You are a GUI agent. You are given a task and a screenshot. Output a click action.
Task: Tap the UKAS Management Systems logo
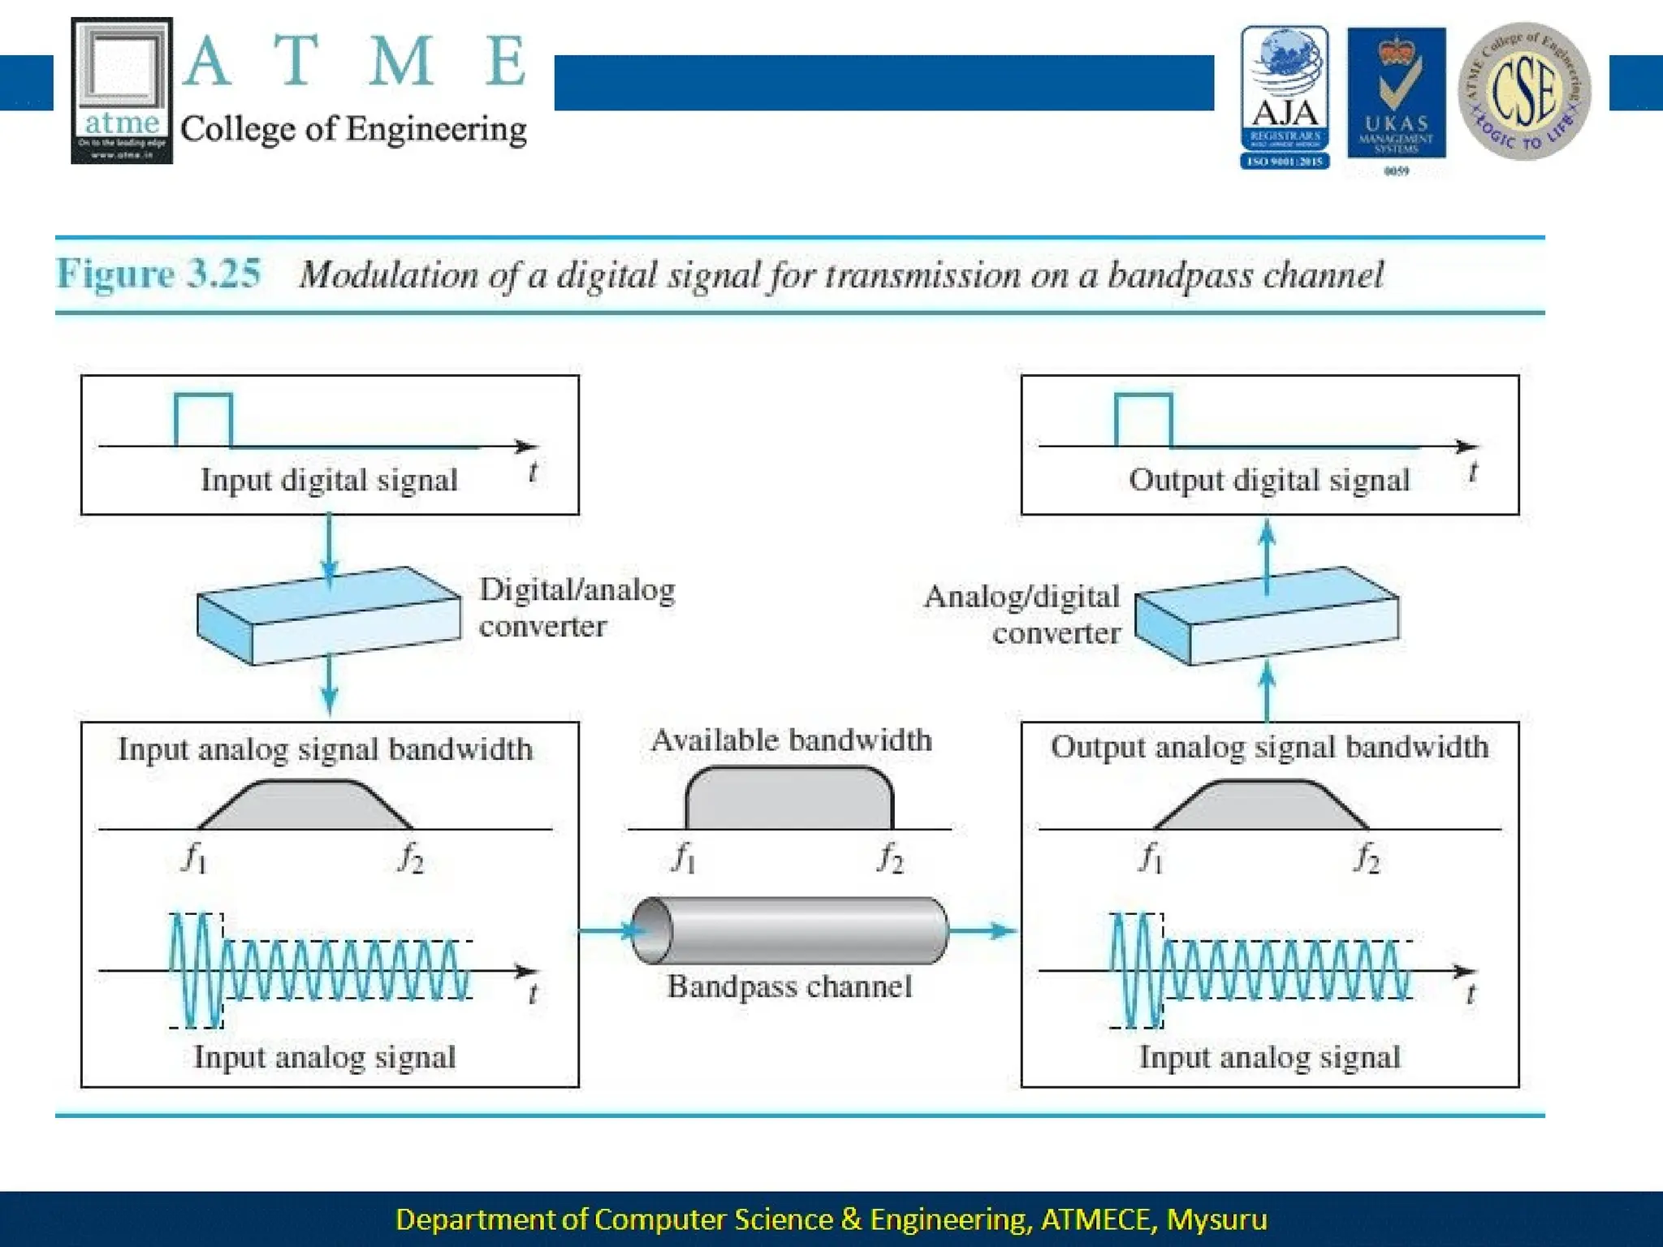pos(1396,93)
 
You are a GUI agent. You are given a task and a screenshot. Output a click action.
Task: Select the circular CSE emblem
pos(1524,91)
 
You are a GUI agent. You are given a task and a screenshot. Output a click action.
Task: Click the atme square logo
pos(122,90)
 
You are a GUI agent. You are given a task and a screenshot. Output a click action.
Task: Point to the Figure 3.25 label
pos(159,274)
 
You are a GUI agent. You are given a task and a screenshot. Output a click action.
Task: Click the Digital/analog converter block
pos(329,616)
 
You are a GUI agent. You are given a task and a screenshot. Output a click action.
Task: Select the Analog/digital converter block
pos(1266,616)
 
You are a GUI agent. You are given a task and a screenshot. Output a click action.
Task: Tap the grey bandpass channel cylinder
pos(789,930)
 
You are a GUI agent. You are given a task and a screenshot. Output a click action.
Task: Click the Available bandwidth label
pos(792,740)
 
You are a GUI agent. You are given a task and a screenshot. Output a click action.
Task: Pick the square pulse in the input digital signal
pos(203,420)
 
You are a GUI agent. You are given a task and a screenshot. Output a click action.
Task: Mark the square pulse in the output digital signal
pos(1143,420)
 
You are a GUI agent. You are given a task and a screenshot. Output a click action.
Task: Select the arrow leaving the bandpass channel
pos(983,930)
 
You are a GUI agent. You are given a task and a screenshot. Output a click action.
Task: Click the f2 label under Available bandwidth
pos(890,857)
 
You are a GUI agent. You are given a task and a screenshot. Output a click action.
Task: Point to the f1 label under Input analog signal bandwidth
pos(194,857)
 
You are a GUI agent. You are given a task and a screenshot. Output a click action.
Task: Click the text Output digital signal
pos(1269,480)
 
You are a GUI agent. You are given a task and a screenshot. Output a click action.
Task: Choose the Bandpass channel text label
pos(789,986)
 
